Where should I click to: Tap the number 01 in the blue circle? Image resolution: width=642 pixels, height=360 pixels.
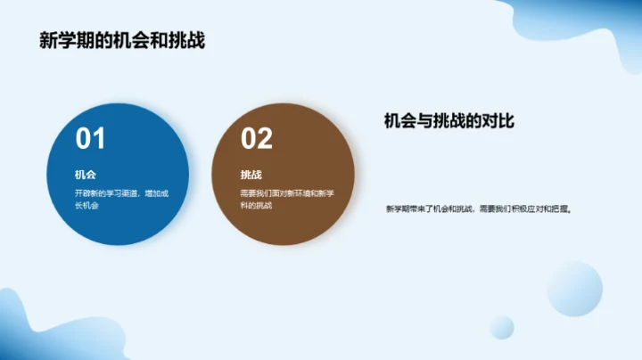[x=90, y=139]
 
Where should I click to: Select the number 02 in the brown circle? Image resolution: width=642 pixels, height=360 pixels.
[x=256, y=139]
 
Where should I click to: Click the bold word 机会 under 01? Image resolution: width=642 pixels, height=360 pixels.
[x=86, y=175]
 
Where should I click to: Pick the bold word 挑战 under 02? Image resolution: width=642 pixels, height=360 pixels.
[x=251, y=175]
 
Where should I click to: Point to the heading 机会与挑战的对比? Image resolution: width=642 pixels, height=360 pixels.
[x=450, y=121]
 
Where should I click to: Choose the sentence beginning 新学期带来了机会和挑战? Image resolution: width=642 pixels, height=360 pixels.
[x=478, y=209]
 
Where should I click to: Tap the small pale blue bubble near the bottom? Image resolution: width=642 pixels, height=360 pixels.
[x=501, y=327]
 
